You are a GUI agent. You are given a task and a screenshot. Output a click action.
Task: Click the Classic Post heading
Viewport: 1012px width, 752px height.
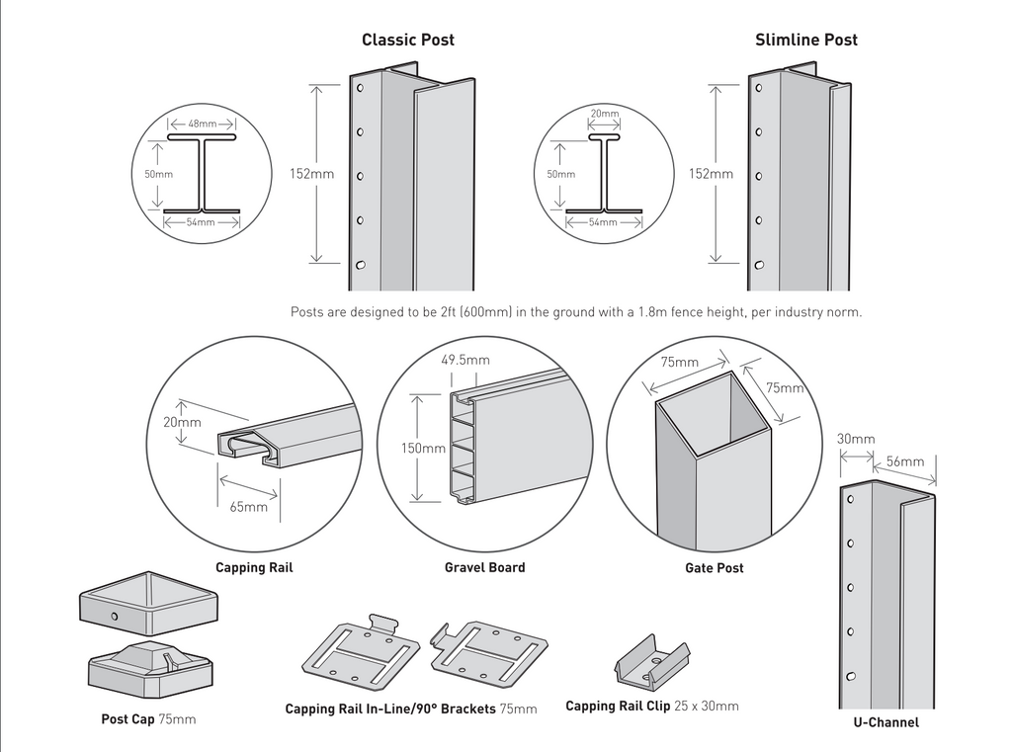[x=407, y=40]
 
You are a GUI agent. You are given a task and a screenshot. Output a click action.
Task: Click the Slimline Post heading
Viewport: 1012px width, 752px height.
[x=805, y=40]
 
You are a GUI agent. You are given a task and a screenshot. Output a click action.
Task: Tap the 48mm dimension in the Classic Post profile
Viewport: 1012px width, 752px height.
[x=202, y=125]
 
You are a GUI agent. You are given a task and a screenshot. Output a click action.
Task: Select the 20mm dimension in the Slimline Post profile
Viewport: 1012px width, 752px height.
[x=604, y=114]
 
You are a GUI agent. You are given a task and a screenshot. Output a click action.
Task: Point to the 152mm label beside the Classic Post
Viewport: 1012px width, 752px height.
[x=311, y=174]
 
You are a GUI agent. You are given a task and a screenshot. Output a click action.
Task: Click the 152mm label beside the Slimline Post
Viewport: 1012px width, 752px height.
[x=711, y=174]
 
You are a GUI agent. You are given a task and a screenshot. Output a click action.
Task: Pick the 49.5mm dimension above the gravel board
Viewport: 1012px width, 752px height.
[x=464, y=361]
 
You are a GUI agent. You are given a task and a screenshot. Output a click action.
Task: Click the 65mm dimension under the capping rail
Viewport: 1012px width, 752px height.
[x=248, y=508]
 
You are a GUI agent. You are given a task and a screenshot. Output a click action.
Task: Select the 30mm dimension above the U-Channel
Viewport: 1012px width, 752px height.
[x=856, y=439]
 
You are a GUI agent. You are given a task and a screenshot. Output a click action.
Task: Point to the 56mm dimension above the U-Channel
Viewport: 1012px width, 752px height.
[x=904, y=461]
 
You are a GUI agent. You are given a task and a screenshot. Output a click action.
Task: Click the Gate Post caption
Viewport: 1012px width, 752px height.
[x=714, y=568]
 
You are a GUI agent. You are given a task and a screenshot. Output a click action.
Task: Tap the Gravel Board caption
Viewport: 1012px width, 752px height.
[x=484, y=567]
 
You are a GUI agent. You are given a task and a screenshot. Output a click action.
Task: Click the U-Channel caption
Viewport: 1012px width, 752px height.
[x=885, y=722]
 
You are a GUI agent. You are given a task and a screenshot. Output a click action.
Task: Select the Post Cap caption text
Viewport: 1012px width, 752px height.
[x=127, y=719]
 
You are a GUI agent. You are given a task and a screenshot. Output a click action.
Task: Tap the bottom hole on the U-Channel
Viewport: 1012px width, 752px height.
[x=849, y=676]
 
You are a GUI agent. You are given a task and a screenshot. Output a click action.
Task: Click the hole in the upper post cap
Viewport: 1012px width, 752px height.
[x=115, y=618]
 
